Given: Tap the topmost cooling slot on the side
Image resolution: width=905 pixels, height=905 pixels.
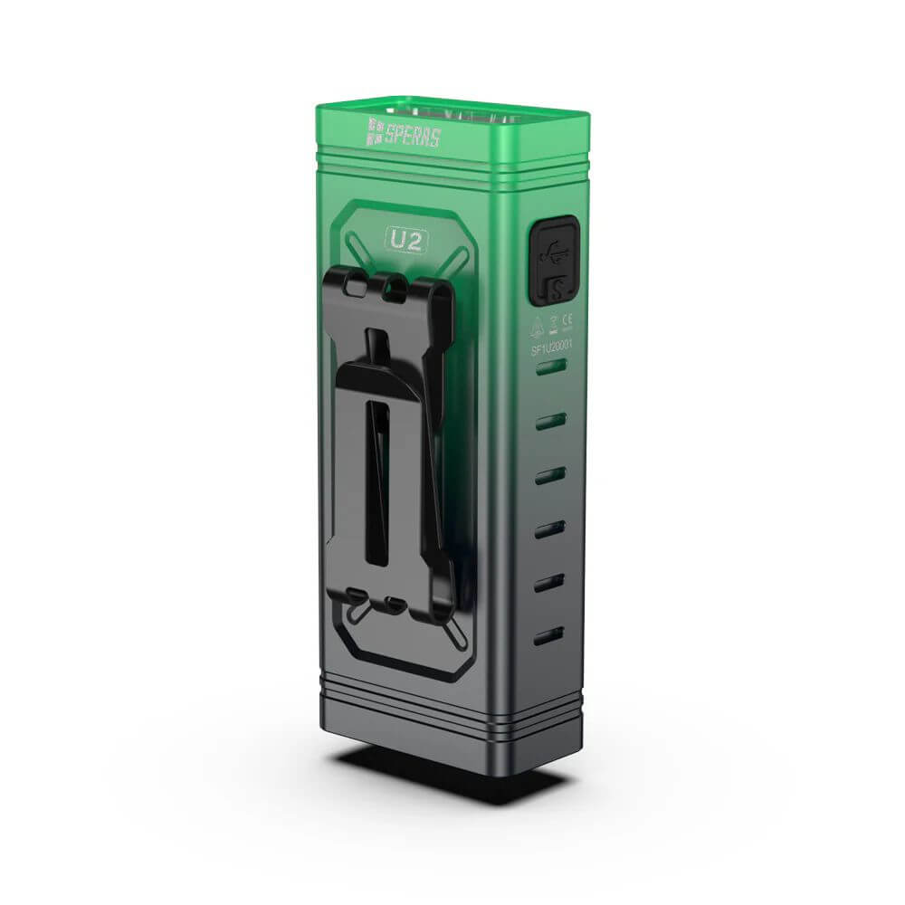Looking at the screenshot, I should coord(550,367).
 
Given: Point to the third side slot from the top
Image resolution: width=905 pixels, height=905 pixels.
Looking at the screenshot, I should coord(549,475).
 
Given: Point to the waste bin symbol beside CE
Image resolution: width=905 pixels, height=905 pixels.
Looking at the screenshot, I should coord(554,319).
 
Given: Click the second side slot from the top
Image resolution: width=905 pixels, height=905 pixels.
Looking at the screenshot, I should coord(550,421).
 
